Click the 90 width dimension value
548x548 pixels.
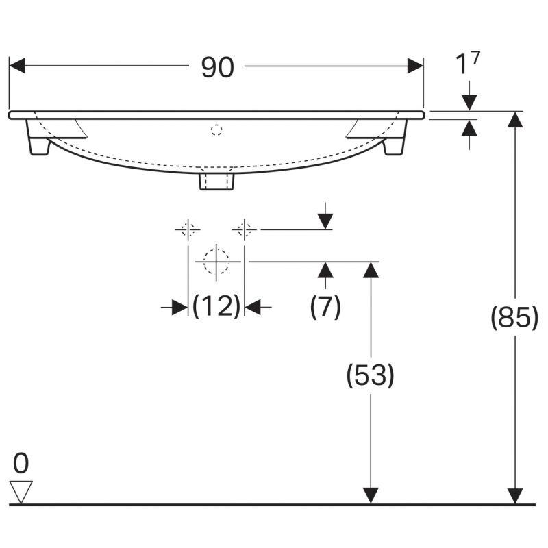click(217, 67)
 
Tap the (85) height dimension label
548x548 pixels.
click(514, 317)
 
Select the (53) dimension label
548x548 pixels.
click(370, 375)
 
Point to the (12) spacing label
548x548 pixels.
click(216, 306)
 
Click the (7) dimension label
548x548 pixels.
click(325, 306)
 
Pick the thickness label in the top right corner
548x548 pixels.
click(468, 63)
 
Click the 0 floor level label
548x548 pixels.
click(21, 464)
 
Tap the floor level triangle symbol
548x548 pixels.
click(21, 492)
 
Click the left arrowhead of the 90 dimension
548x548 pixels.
click(17, 66)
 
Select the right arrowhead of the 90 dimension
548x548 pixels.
click(415, 66)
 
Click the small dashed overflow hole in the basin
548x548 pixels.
click(216, 130)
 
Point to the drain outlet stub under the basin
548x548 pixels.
click(216, 182)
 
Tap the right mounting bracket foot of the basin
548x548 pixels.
click(395, 138)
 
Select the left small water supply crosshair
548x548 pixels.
click(188, 229)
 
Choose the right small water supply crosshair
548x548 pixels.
click(245, 229)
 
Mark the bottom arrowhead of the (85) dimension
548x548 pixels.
click(515, 496)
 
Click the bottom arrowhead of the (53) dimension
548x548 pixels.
click(371, 496)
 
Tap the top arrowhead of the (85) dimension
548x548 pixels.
click(515, 119)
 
